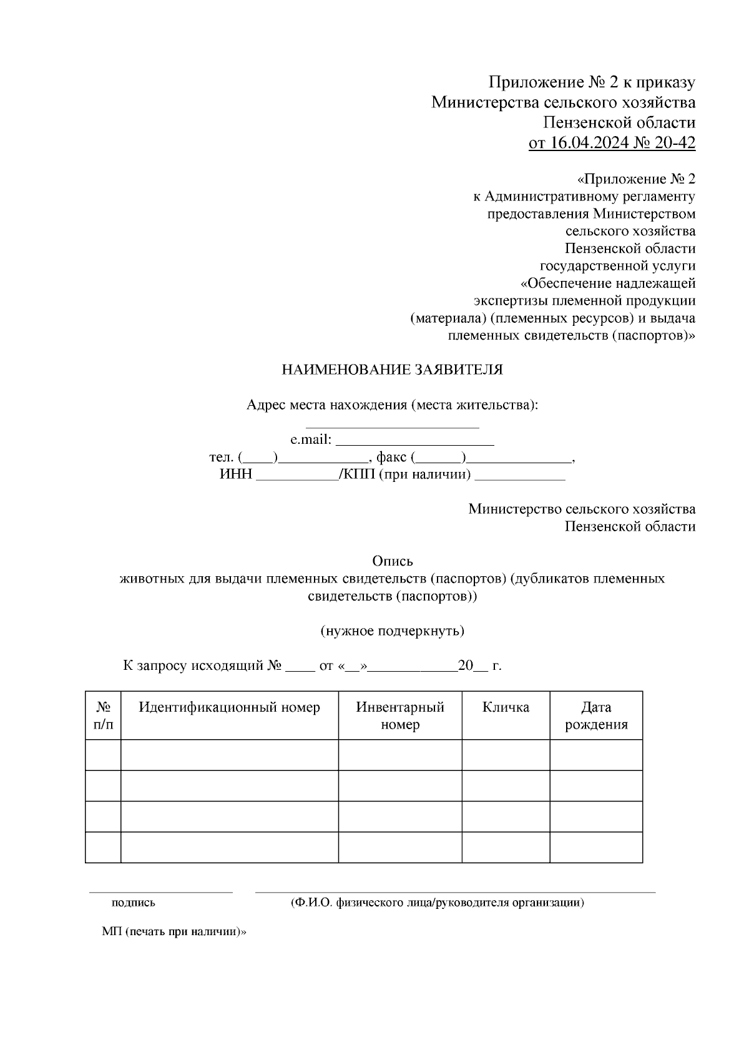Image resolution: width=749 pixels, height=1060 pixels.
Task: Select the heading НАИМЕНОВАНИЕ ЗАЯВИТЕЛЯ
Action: point(392,370)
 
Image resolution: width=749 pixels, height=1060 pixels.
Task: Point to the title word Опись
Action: point(393,561)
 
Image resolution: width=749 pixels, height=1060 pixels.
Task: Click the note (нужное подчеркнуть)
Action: point(393,631)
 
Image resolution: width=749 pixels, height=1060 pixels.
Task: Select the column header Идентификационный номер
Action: point(229,707)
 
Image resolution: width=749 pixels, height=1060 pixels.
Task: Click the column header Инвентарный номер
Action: point(400,715)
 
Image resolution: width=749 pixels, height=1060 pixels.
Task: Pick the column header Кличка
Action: point(506,707)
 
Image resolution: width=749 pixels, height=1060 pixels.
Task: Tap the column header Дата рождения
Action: point(596,715)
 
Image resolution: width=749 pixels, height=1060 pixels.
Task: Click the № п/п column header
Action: point(104,715)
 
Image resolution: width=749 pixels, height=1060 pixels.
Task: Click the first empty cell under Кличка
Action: point(506,755)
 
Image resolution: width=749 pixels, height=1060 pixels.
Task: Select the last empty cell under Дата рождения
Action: point(596,847)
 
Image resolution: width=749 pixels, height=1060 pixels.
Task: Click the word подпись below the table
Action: point(133,903)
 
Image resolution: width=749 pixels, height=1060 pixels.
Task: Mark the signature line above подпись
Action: point(160,891)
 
